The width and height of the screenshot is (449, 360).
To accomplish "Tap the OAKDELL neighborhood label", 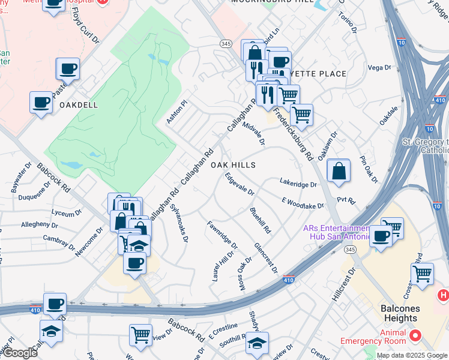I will tap(78, 104).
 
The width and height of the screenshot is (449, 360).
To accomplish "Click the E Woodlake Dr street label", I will tap(303, 203).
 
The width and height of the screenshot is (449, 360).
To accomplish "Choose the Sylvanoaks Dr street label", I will tap(179, 221).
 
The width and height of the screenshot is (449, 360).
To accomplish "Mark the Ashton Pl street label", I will tap(177, 112).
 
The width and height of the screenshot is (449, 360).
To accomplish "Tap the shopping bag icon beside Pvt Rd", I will tap(339, 170).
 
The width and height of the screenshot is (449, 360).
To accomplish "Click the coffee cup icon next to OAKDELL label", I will tap(41, 101).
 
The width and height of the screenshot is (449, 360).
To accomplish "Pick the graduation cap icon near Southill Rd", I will tap(257, 343).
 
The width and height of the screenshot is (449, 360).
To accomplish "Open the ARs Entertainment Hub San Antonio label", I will tap(336, 232).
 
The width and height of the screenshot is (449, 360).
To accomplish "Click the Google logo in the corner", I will tap(20, 353).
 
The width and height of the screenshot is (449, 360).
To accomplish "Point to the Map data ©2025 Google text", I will tap(412, 355).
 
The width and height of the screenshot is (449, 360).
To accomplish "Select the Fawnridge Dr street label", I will tap(222, 236).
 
